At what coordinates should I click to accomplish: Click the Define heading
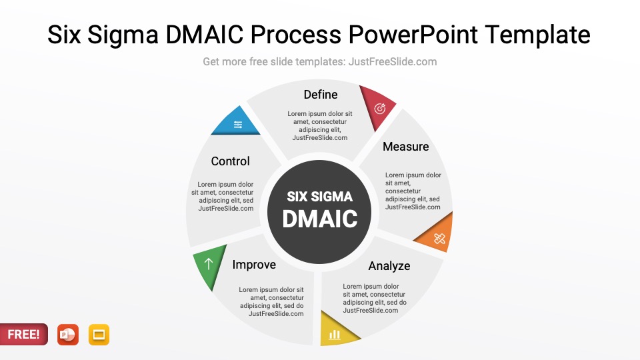[321, 95]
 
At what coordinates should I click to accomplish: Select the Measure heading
[405, 147]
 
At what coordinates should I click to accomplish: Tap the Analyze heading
[389, 266]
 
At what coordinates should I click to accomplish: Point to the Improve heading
[254, 265]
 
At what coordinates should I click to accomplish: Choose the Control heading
[230, 161]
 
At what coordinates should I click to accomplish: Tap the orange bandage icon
[439, 238]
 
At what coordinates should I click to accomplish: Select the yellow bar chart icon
[335, 334]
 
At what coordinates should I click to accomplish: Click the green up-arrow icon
[209, 264]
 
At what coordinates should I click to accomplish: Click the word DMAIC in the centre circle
[320, 219]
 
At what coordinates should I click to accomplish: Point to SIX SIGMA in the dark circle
[320, 197]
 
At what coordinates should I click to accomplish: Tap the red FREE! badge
[24, 335]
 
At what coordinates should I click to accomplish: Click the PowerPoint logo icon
[68, 335]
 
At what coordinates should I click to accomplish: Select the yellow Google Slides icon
[99, 335]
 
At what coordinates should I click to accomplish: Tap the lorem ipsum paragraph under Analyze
[375, 299]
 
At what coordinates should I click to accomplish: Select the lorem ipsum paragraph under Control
[225, 197]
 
